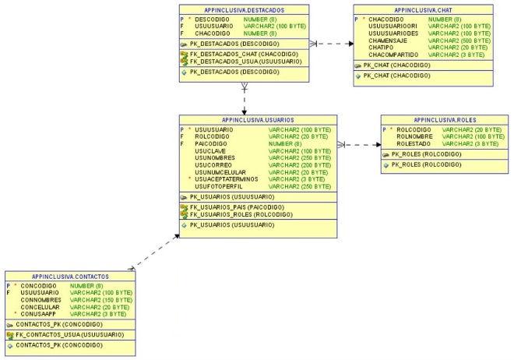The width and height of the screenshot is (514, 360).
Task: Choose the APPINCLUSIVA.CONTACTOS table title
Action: point(70,277)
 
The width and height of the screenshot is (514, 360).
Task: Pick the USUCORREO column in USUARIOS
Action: point(213,165)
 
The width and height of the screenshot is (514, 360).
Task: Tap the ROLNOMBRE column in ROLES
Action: point(414,136)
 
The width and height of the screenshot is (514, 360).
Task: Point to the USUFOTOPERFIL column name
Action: point(218,186)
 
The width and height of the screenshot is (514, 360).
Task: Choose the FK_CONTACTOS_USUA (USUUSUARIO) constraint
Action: point(69,334)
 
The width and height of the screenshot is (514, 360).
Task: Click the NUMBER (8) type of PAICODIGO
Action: point(284,143)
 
